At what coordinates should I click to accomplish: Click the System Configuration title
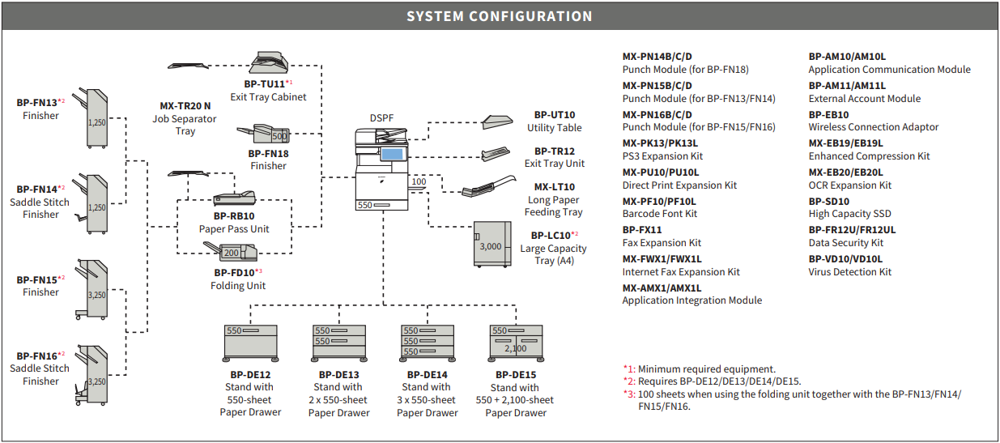tap(499, 16)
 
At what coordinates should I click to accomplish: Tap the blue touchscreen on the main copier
tap(393, 154)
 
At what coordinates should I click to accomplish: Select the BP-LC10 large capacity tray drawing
tap(492, 244)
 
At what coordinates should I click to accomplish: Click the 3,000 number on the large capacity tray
tap(490, 246)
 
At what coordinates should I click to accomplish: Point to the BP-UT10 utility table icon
tap(497, 121)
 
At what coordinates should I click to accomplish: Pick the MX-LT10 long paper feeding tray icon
tap(489, 186)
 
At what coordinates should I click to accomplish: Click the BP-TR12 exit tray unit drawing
tap(496, 154)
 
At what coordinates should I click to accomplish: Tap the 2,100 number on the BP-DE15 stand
tap(516, 348)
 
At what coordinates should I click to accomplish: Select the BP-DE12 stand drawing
tap(250, 343)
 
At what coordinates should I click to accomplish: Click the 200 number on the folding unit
tap(232, 253)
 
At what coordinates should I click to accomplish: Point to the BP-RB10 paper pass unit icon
tap(234, 198)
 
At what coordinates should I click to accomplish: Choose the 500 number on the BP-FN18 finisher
tap(279, 136)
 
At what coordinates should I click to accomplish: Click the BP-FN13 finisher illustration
tap(92, 117)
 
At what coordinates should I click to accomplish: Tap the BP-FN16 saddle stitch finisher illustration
tap(92, 375)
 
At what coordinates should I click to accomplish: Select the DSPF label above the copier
tap(381, 118)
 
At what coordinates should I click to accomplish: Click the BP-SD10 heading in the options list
tap(828, 201)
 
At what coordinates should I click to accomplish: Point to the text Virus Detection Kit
tap(849, 271)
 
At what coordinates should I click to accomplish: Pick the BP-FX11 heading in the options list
tap(642, 229)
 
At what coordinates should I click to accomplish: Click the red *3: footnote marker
tap(629, 394)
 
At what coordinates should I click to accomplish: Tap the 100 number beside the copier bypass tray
tap(419, 181)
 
